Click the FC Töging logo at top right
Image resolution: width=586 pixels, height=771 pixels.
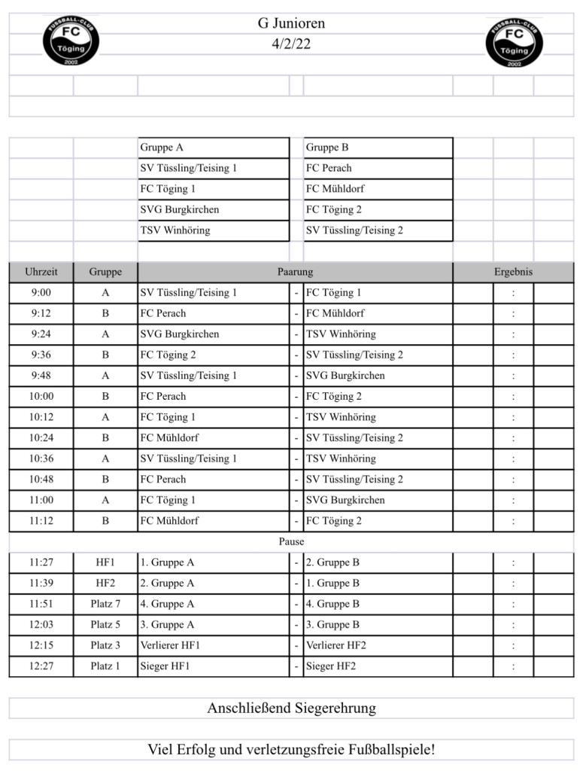[x=515, y=42]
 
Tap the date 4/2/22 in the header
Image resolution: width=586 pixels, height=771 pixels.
[x=291, y=44]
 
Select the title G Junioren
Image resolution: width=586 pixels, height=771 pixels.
[x=291, y=23]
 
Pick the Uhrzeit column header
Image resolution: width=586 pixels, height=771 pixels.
[x=41, y=272]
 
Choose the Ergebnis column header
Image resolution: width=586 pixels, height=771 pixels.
[x=513, y=272]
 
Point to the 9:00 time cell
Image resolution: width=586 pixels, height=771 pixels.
[x=41, y=293]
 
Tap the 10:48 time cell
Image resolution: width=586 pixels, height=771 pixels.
[x=41, y=479]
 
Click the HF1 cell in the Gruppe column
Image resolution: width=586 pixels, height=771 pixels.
[x=105, y=562]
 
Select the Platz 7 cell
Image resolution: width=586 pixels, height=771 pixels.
[x=105, y=604]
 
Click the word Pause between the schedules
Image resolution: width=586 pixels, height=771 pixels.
[x=291, y=541]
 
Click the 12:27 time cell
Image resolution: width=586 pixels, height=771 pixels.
[x=41, y=666]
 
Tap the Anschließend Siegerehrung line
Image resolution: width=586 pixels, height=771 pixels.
[x=291, y=709]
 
